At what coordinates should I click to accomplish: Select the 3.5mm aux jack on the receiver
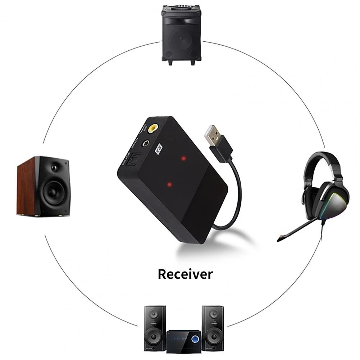point(146,142)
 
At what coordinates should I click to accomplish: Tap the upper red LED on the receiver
point(184,158)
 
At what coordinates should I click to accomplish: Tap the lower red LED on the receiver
point(169,185)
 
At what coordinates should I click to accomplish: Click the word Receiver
point(185,274)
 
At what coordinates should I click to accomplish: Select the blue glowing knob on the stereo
point(195,339)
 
